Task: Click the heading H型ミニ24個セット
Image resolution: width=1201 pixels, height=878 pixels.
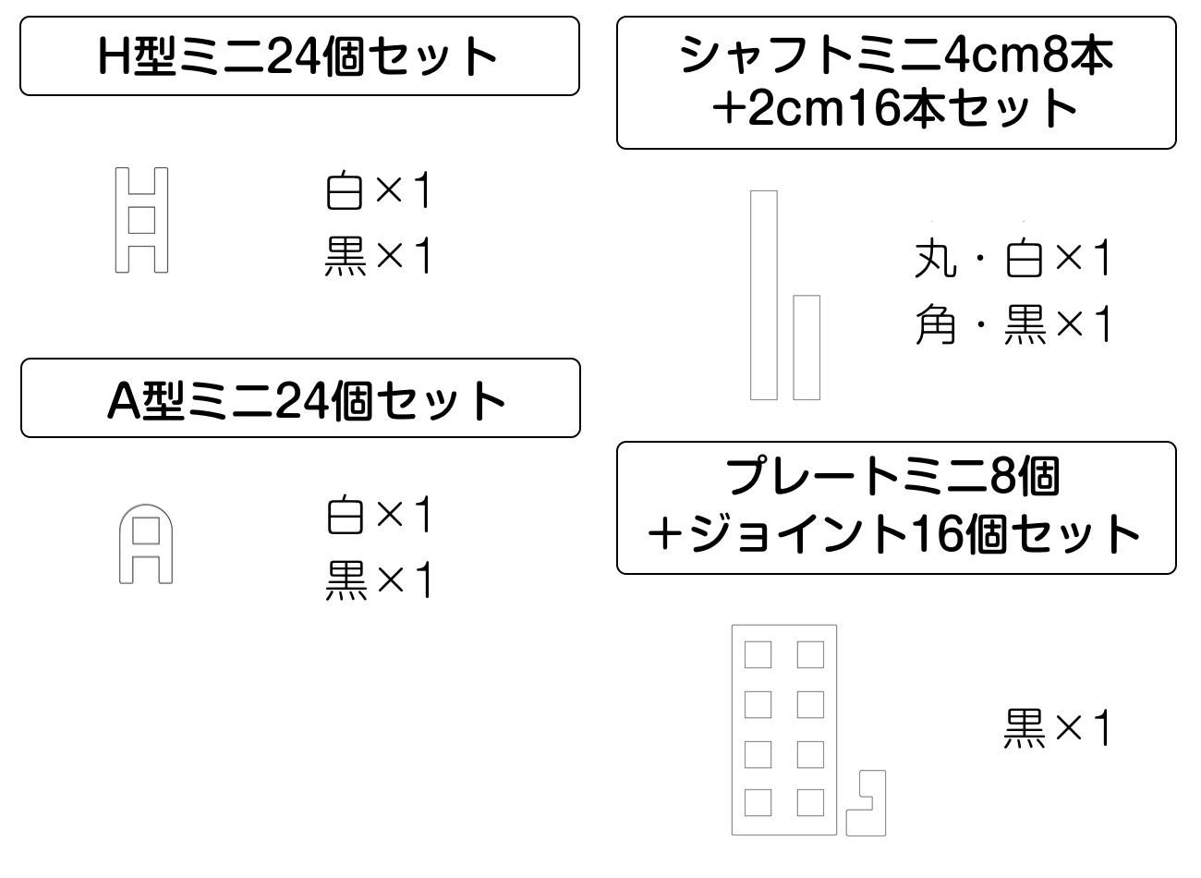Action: (299, 55)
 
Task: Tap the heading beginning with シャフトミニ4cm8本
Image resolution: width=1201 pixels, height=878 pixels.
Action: (896, 81)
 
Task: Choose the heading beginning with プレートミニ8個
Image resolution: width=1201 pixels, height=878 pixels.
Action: (896, 507)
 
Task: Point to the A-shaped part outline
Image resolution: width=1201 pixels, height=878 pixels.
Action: (146, 544)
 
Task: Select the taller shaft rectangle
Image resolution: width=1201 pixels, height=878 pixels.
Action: (763, 295)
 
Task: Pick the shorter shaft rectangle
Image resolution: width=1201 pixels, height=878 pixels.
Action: (807, 348)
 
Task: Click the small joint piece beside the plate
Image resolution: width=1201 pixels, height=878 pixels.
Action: (867, 803)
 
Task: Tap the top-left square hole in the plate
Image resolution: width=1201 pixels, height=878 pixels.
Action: (758, 655)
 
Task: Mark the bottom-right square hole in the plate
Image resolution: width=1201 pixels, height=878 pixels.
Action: (810, 802)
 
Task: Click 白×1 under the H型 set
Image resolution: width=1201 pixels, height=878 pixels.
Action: (379, 192)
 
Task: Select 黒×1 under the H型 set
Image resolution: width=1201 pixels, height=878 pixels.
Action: (379, 256)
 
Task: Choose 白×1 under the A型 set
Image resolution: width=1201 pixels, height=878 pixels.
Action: (379, 516)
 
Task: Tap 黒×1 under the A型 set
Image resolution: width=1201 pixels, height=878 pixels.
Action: (379, 580)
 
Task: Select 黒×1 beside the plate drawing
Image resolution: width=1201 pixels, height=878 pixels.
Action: (1056, 729)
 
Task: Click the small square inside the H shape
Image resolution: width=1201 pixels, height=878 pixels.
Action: (141, 220)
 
